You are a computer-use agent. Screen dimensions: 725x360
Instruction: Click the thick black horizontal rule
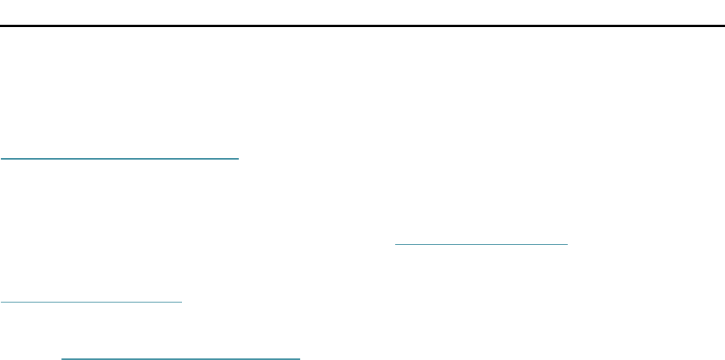point(362,26)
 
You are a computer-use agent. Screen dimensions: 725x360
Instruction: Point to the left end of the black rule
point(1,26)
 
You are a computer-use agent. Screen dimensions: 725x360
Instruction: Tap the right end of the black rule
point(723,26)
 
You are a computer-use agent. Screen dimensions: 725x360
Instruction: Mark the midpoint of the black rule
point(362,26)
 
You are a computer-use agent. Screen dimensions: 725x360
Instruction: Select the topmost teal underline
point(120,158)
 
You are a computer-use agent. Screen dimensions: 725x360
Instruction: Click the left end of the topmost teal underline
point(1,158)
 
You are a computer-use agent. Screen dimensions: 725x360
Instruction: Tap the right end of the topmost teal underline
point(239,158)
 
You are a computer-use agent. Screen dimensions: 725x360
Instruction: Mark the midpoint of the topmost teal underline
point(120,158)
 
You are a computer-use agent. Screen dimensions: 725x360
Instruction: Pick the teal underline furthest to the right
point(481,242)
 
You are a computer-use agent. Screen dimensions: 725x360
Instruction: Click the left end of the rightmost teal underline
point(395,242)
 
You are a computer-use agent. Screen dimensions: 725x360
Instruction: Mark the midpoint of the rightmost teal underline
point(481,242)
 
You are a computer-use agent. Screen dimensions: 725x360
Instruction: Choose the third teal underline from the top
point(92,302)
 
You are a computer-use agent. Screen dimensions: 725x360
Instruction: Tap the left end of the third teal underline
point(1,302)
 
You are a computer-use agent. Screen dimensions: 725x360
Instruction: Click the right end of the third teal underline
point(183,302)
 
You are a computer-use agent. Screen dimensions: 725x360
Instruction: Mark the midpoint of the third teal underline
point(92,302)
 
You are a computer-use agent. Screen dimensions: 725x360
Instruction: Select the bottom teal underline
point(180,358)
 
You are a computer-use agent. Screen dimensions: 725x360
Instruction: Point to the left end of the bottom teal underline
point(61,358)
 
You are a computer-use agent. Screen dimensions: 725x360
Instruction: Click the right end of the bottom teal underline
point(299,358)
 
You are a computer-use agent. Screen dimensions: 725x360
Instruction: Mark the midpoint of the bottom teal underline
point(180,358)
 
